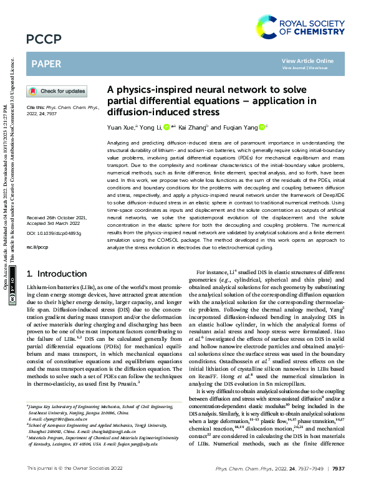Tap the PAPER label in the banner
click(x=46, y=63)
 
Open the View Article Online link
click(x=307, y=60)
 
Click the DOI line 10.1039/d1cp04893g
click(x=54, y=232)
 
